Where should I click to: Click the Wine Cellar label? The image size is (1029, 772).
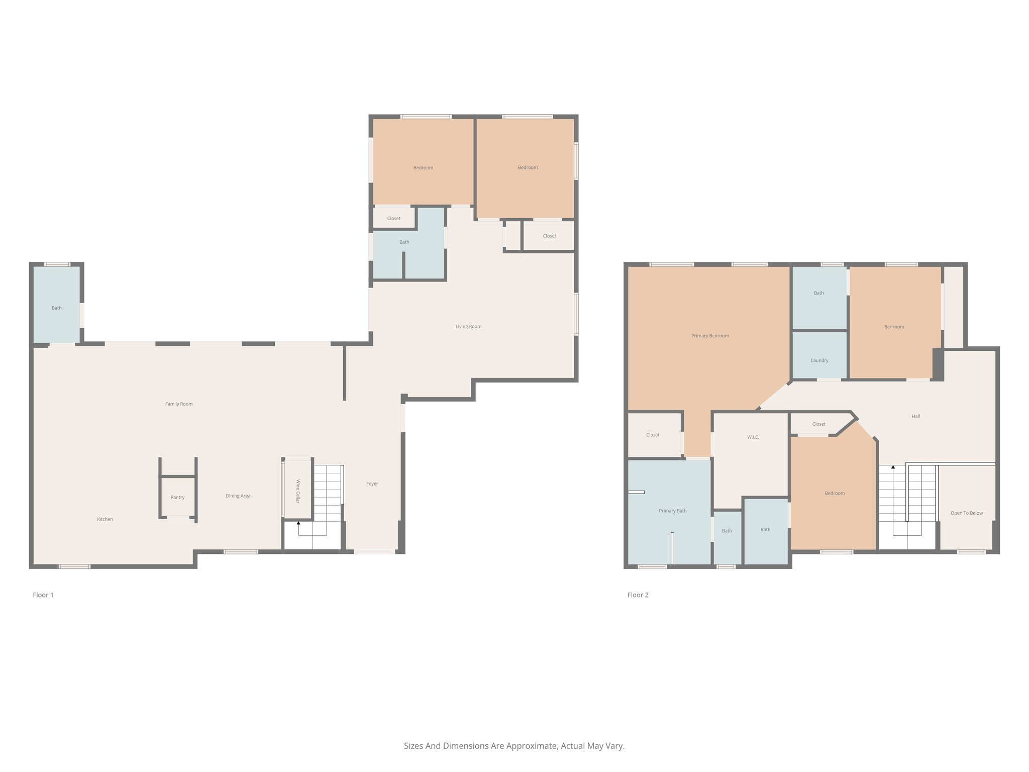(297, 491)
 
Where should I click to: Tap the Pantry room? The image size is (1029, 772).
(177, 497)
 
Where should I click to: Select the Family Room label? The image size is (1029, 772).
(179, 404)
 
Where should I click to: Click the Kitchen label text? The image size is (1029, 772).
(105, 519)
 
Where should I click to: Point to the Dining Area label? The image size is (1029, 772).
(238, 496)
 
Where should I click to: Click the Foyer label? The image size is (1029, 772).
(372, 484)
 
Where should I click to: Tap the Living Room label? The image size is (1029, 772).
(468, 327)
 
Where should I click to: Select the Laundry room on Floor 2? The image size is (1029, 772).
(819, 360)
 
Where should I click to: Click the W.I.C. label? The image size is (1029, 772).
(753, 437)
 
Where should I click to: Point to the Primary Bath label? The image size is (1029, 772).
(672, 511)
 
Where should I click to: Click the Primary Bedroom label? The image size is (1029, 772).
(710, 336)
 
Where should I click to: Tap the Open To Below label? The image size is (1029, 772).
(966, 513)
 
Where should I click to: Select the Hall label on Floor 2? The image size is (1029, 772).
(915, 416)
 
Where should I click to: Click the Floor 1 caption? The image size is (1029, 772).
(43, 595)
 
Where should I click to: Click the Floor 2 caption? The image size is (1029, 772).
(638, 595)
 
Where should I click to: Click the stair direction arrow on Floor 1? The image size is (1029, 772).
(298, 524)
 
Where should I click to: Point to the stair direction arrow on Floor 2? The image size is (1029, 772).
(893, 468)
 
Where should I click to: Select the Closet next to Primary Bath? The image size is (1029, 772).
(653, 435)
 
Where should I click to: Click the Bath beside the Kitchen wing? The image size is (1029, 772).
(56, 308)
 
